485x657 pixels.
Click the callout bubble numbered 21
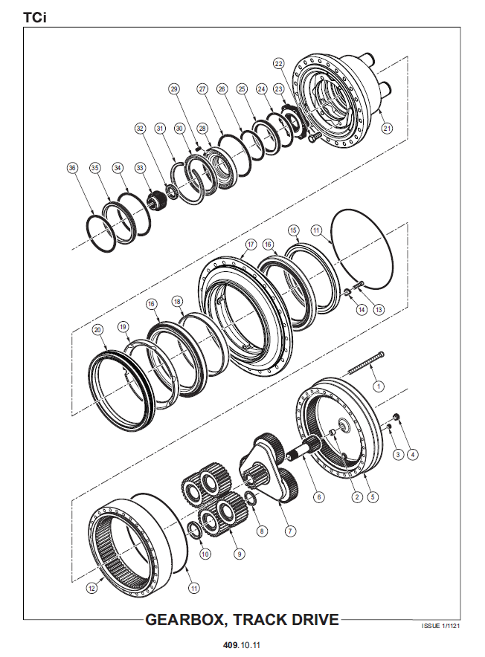pos(387,129)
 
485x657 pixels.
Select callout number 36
pos(73,168)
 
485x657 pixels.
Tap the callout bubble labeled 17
pos(251,245)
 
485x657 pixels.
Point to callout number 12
pos(91,588)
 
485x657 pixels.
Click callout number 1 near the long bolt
pos(379,386)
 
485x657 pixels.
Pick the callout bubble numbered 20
pos(97,330)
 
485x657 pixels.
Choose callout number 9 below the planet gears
pos(239,554)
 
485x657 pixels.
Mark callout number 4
pos(412,454)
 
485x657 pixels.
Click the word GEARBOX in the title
pos(186,619)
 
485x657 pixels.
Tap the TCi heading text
pos(35,18)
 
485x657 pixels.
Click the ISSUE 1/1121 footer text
pos(440,626)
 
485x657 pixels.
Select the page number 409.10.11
pos(241,645)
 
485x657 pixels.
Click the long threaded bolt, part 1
pos(366,363)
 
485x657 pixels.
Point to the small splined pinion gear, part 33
pos(158,200)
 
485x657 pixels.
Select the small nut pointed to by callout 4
pos(396,416)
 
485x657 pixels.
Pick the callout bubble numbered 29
pos(174,89)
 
